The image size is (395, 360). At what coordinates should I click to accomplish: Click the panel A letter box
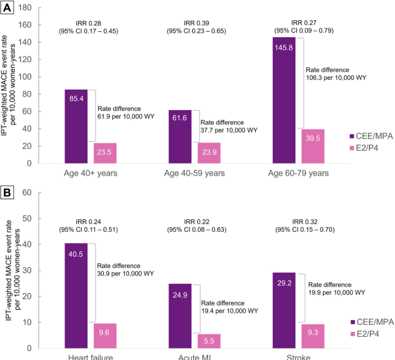tap(9, 9)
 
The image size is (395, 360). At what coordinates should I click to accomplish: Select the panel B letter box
tap(9, 193)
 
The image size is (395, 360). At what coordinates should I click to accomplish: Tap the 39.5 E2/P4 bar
tap(313, 146)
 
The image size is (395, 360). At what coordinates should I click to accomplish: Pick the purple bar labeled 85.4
tap(76, 126)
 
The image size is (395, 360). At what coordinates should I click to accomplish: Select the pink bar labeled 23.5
tap(105, 153)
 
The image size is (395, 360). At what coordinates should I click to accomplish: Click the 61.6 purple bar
tap(180, 137)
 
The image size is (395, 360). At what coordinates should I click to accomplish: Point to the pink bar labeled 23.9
tap(209, 153)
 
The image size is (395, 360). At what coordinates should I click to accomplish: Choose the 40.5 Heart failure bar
tap(76, 295)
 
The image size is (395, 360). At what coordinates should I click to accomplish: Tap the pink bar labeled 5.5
tap(209, 341)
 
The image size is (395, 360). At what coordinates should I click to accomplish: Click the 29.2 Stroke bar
tap(284, 310)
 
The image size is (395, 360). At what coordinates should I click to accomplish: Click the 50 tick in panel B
tap(27, 219)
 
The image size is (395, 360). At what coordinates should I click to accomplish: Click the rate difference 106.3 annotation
tap(336, 73)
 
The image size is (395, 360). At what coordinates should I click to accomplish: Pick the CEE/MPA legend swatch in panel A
tap(352, 136)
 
